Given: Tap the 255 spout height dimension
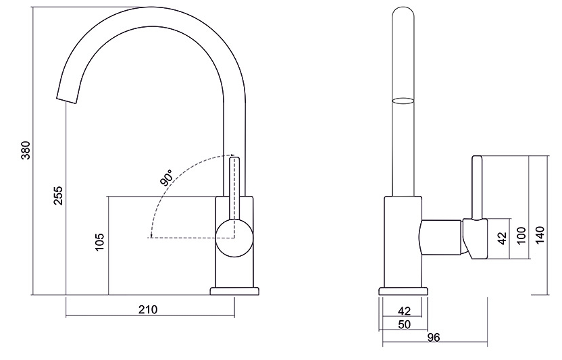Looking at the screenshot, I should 58,197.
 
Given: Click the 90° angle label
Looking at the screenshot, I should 166,178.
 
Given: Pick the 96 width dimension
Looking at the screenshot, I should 434,337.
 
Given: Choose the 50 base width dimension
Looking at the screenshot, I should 404,324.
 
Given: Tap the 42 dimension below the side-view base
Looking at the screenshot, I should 404,311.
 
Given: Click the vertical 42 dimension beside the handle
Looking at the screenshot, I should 501,238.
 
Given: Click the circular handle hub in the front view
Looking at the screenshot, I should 234,238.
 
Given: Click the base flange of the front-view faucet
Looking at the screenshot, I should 234,291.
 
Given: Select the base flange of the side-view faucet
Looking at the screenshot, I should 403,291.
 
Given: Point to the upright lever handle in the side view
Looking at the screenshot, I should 477,189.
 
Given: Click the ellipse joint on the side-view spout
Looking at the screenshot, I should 403,101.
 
